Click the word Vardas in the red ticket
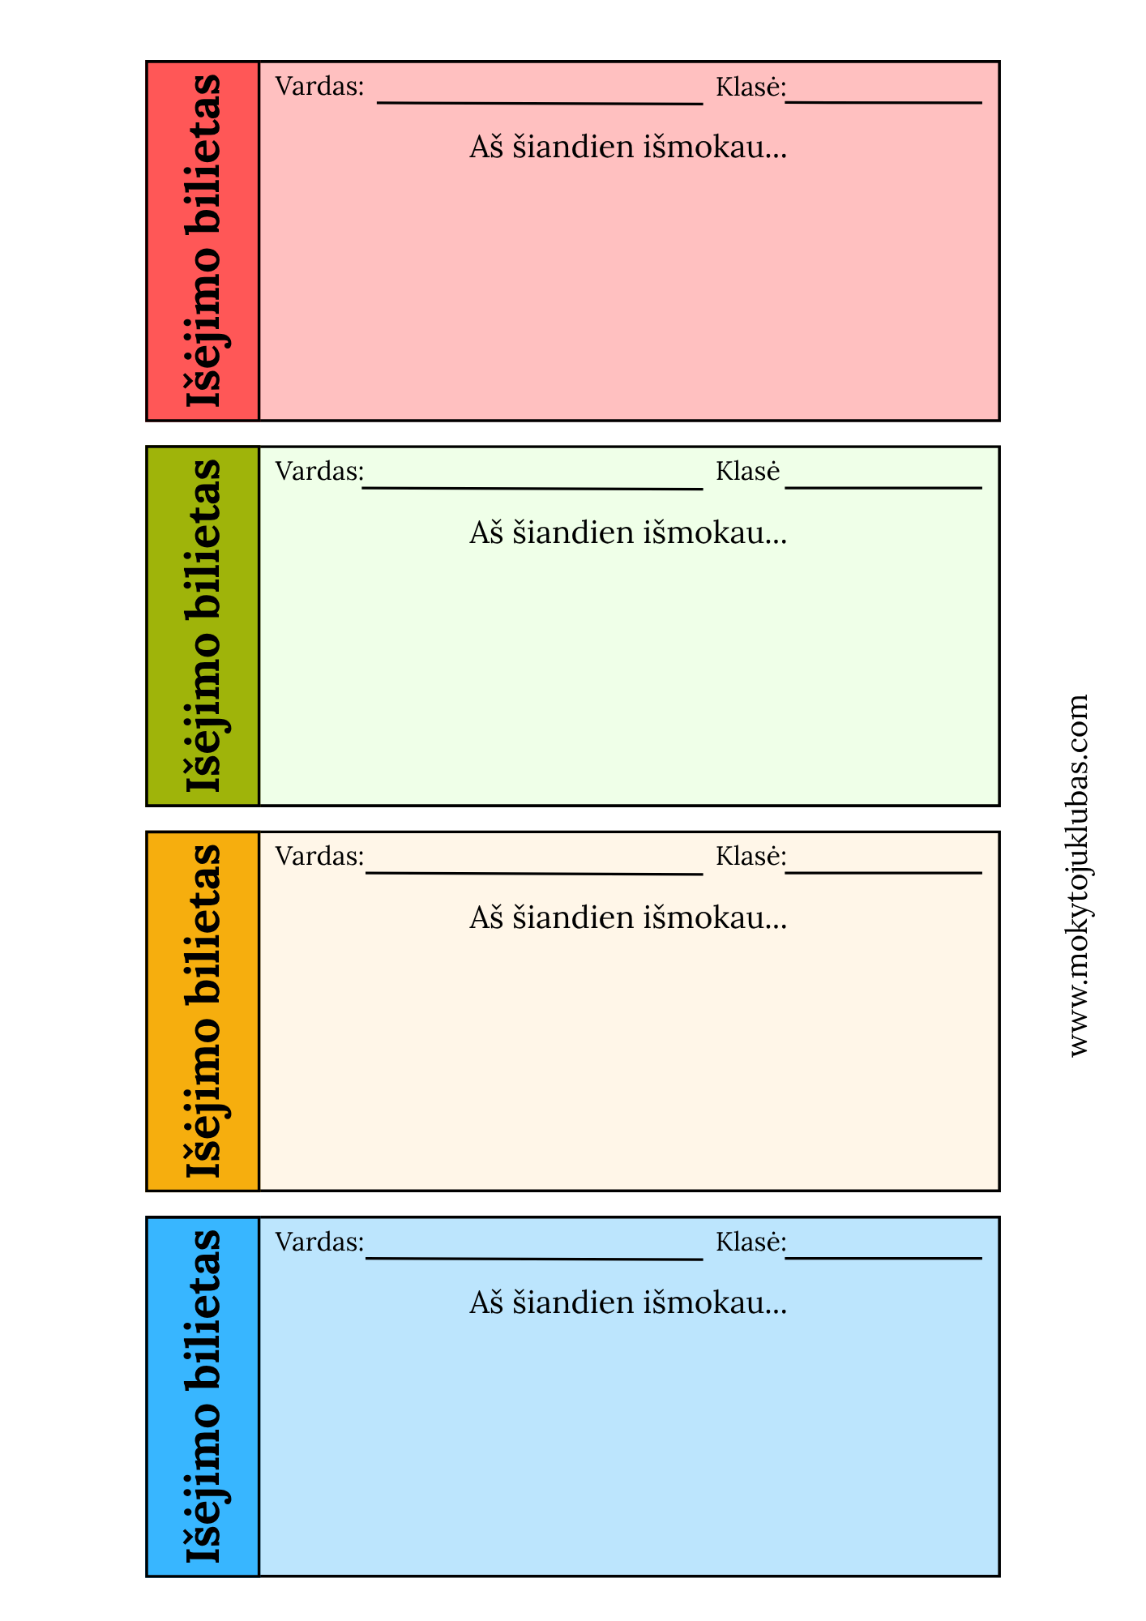point(319,86)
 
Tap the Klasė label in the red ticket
point(750,86)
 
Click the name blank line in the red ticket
point(540,103)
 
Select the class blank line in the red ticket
point(883,103)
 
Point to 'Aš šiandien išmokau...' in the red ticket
point(628,148)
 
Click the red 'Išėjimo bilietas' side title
point(203,241)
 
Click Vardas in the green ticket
point(319,471)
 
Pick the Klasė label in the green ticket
point(747,471)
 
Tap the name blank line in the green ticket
point(532,488)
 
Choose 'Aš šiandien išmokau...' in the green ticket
point(628,532)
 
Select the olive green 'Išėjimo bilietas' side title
point(203,626)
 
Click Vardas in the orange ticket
point(319,856)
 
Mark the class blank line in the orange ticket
point(883,873)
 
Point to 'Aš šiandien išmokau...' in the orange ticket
point(628,917)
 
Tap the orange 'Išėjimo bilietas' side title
point(203,1011)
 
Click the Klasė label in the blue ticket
point(750,1242)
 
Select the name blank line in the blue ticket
point(534,1259)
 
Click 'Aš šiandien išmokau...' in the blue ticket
point(628,1303)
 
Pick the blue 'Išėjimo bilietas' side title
point(203,1396)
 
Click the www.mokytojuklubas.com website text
point(1079,875)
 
